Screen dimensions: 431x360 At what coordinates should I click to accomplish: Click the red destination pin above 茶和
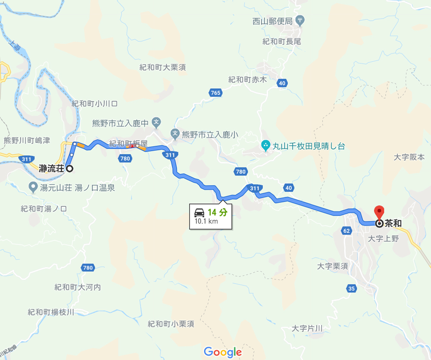click(x=379, y=213)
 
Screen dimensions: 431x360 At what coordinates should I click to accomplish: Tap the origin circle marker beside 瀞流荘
click(x=69, y=169)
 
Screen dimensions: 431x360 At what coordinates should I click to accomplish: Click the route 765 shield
click(x=216, y=93)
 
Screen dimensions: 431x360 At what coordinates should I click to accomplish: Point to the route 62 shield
click(x=347, y=231)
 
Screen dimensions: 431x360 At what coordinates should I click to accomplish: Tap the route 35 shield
click(x=352, y=288)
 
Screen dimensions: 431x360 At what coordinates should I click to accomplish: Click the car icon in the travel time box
click(x=199, y=212)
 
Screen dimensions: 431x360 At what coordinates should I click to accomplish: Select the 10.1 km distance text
click(x=206, y=222)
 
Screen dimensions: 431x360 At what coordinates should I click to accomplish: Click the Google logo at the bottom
click(x=223, y=352)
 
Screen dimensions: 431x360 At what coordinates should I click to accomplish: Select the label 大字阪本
click(x=409, y=157)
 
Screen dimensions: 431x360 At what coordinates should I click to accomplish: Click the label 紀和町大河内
click(x=78, y=287)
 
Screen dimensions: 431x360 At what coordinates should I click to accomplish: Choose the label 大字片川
click(x=307, y=328)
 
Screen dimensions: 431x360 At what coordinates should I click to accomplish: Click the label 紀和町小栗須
click(x=171, y=324)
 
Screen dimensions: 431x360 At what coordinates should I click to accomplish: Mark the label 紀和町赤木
click(x=248, y=79)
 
